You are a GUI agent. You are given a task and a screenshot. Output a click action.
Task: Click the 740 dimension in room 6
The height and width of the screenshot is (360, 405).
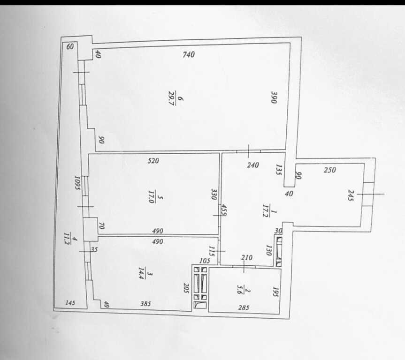(189, 54)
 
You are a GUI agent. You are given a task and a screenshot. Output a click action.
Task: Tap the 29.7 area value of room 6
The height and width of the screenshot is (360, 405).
(171, 98)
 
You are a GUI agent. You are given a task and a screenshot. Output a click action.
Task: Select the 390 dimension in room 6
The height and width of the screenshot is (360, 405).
(274, 97)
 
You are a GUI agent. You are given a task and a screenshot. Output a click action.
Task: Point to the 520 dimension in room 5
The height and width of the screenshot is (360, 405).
(153, 161)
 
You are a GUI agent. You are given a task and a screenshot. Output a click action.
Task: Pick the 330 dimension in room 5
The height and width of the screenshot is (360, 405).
(214, 194)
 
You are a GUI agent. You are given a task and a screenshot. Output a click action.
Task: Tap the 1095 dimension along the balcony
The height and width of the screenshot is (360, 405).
(77, 183)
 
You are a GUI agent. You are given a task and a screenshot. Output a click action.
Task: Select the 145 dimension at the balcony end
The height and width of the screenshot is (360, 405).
(70, 302)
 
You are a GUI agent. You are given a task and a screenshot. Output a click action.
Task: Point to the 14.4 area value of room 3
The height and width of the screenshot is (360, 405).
(141, 274)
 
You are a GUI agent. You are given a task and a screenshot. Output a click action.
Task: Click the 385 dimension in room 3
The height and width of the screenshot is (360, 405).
(145, 304)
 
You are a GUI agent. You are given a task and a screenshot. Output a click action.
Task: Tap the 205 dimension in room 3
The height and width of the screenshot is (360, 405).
(186, 288)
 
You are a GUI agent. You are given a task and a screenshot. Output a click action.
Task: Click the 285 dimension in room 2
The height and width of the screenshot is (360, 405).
(244, 307)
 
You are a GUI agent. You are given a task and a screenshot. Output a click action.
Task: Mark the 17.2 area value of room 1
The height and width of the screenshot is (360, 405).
(265, 211)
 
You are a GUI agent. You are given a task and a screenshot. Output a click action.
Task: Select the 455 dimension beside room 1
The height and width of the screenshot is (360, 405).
(224, 210)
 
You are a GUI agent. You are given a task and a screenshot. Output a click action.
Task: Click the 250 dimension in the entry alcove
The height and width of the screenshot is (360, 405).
(330, 170)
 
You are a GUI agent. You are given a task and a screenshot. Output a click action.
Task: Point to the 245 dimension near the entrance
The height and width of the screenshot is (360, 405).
(350, 195)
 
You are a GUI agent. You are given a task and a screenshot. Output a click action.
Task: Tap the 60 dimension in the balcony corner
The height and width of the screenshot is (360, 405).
(70, 46)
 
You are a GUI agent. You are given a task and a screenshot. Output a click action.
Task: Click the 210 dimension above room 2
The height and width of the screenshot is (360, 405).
(247, 257)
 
